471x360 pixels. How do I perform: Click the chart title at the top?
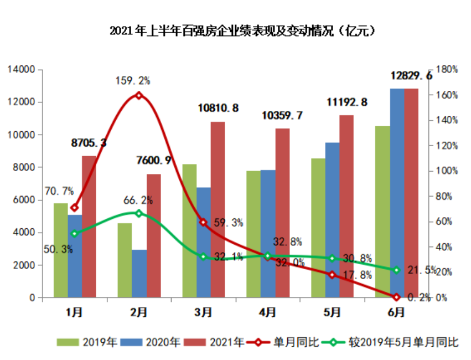(x=235, y=30)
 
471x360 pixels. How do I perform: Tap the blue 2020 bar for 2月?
(x=139, y=274)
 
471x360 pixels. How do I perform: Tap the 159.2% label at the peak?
(x=133, y=81)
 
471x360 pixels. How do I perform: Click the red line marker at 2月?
(x=139, y=95)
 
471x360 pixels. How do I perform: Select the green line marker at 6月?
(x=396, y=270)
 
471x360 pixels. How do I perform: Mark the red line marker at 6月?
(x=396, y=297)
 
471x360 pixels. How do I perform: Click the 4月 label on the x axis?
(x=267, y=312)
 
